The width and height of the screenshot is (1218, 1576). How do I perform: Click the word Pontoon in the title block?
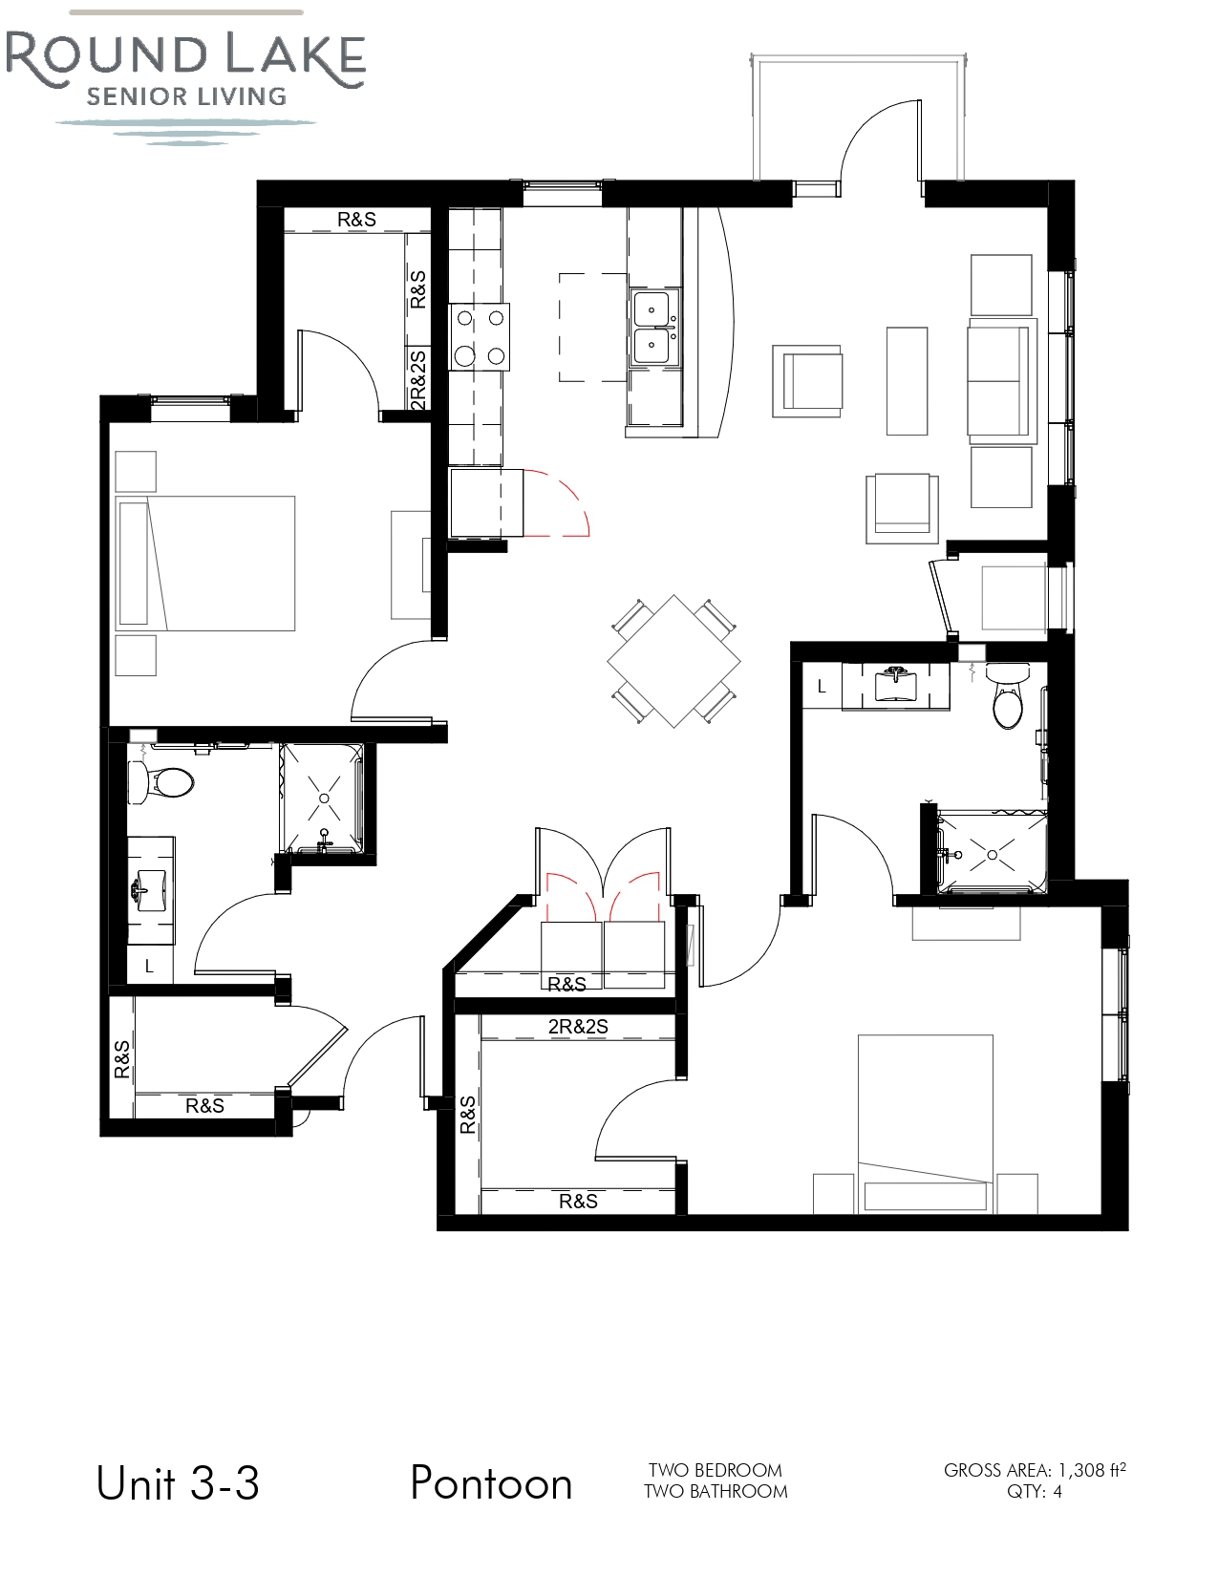coord(491,1483)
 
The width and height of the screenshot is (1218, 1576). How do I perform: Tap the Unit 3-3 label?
coord(178,1483)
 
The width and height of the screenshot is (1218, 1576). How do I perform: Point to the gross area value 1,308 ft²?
coord(1091,1470)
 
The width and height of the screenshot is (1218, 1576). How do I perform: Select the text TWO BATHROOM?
coord(716,1491)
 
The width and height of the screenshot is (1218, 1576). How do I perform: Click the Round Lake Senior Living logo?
coord(185,76)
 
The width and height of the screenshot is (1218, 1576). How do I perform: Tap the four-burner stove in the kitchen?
coord(480,336)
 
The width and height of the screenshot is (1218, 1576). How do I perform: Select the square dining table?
coord(673,661)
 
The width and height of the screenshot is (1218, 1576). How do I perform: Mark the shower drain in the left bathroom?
coord(324,798)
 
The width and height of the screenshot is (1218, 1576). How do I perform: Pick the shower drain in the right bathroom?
coord(992,854)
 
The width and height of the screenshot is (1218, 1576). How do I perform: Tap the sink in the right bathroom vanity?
coord(897,684)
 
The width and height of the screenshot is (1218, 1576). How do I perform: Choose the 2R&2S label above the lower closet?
coord(578,1027)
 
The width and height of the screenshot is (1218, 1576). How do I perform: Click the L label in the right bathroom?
coord(822,686)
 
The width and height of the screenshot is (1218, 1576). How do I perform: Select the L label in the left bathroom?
coord(149,966)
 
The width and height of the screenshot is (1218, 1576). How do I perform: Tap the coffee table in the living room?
coord(907,381)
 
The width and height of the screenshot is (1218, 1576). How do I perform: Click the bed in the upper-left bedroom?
coord(206,564)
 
